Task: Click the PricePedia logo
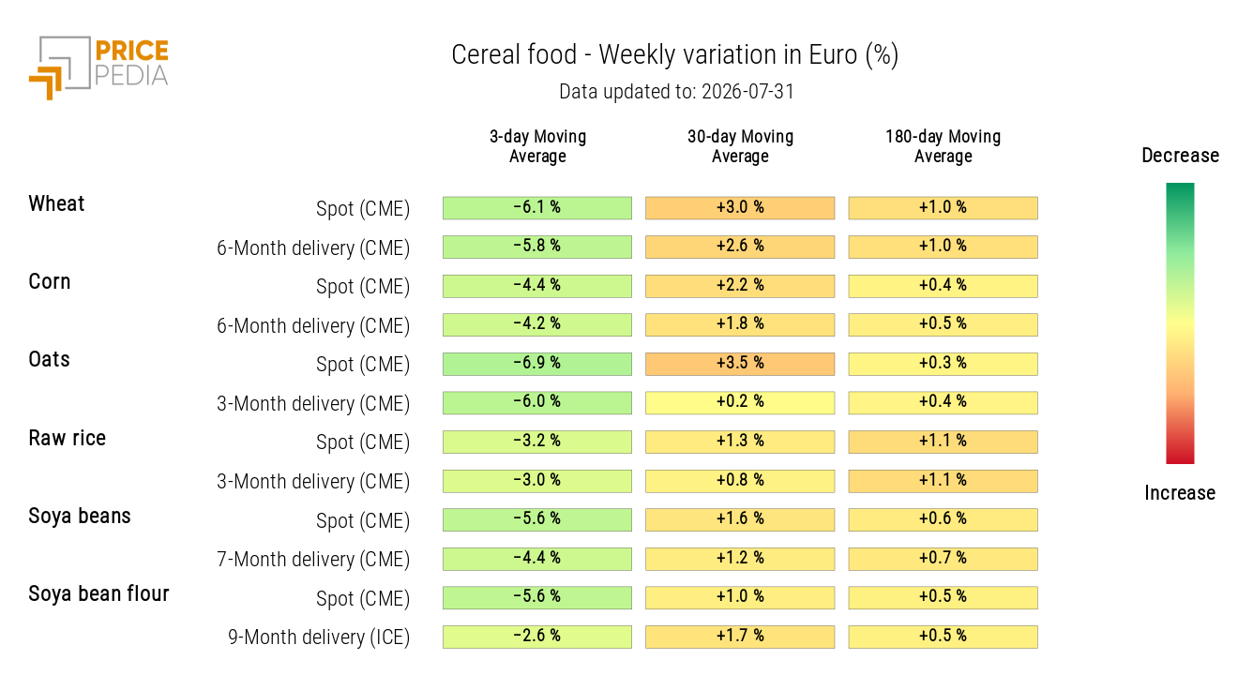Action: pyautogui.click(x=98, y=67)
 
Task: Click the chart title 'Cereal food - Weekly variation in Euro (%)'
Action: pyautogui.click(x=675, y=55)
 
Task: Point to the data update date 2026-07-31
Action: pyautogui.click(x=747, y=92)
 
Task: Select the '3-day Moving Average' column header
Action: pyautogui.click(x=537, y=146)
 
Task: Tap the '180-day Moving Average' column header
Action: pyautogui.click(x=944, y=146)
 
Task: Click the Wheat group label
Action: pyautogui.click(x=56, y=203)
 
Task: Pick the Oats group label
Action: pyautogui.click(x=49, y=360)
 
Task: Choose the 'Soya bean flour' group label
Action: pyautogui.click(x=98, y=593)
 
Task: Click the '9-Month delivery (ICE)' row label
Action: pyautogui.click(x=319, y=637)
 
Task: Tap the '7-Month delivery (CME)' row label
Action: pyautogui.click(x=313, y=560)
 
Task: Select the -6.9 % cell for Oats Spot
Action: pyautogui.click(x=537, y=364)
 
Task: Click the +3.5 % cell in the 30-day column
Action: pyautogui.click(x=740, y=364)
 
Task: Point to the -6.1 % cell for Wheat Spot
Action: pyautogui.click(x=537, y=208)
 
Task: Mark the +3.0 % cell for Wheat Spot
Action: pyautogui.click(x=740, y=208)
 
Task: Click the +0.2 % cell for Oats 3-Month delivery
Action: pyautogui.click(x=740, y=403)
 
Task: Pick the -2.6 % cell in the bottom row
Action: pyautogui.click(x=537, y=637)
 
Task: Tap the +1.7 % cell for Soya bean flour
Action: pyautogui.click(x=740, y=637)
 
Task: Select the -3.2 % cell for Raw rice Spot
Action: pyautogui.click(x=537, y=442)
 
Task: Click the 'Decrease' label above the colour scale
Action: pyautogui.click(x=1181, y=156)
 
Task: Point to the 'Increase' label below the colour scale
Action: pyautogui.click(x=1180, y=493)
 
